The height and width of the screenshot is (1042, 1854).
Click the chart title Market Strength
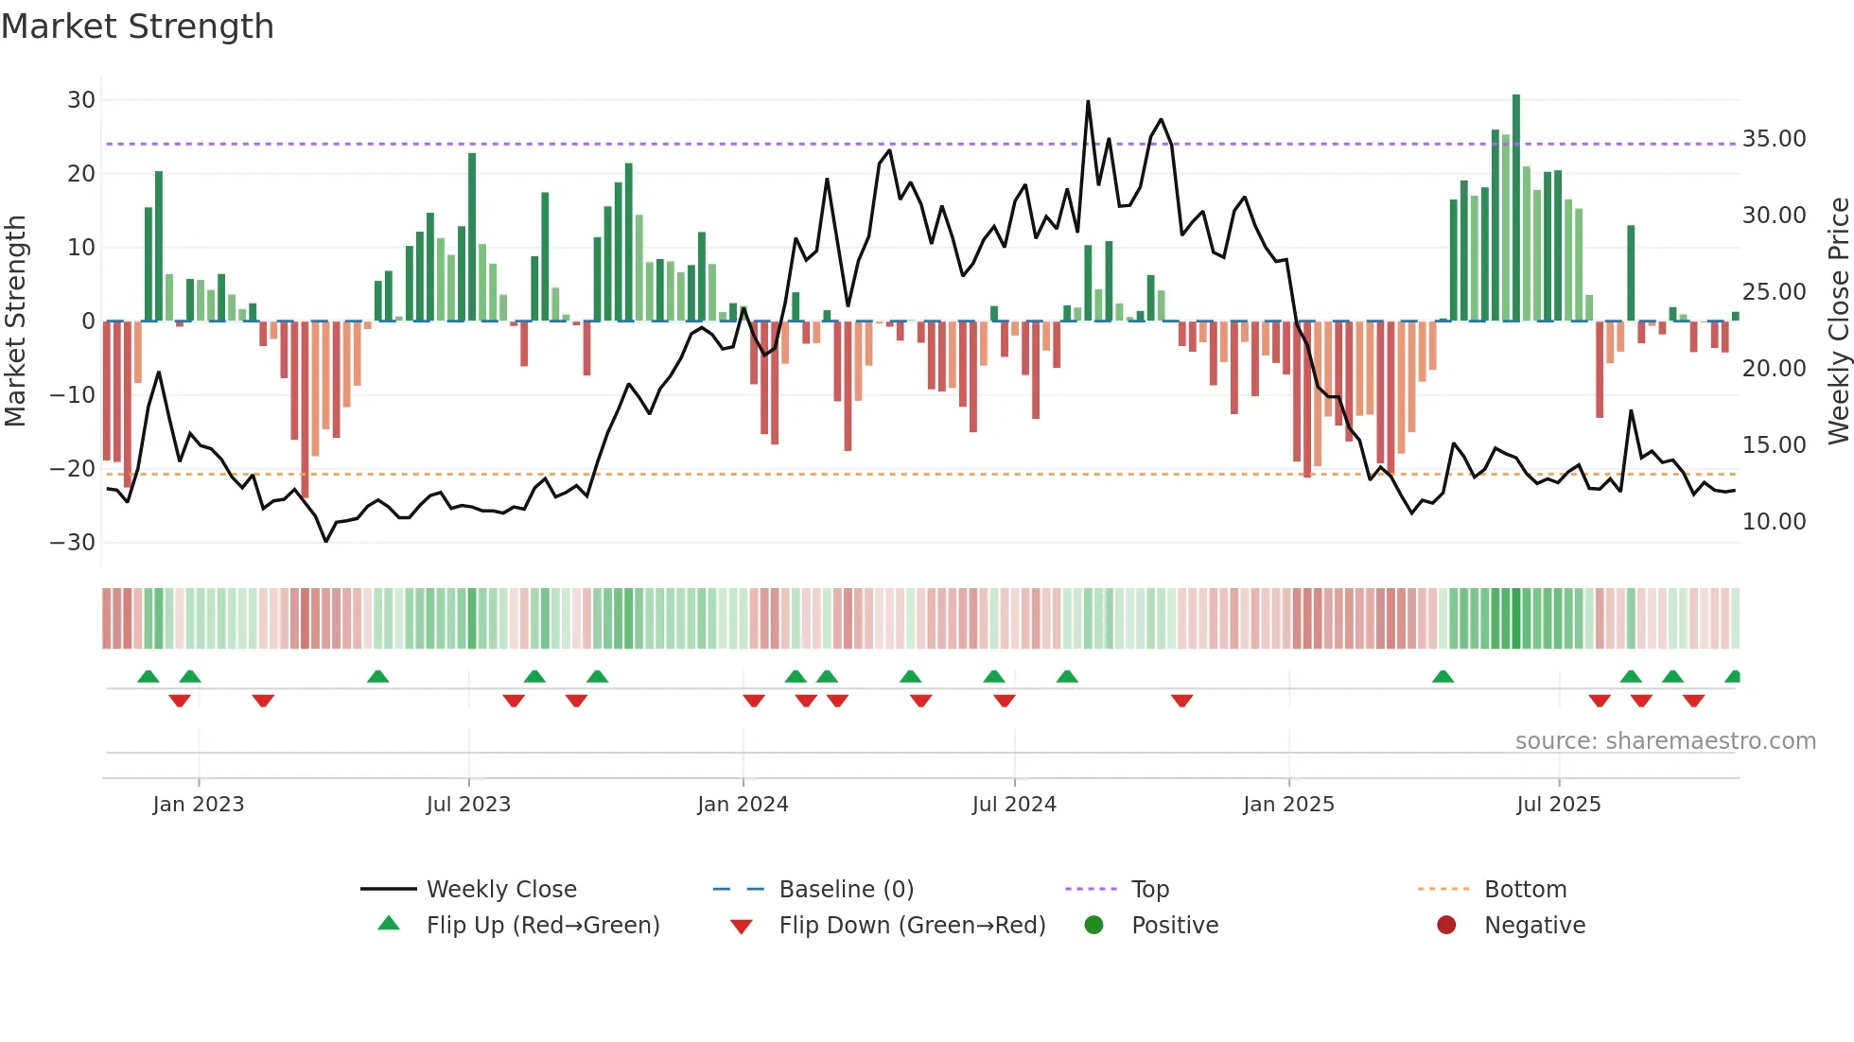[x=137, y=26]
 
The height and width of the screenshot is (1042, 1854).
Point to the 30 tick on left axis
[x=81, y=100]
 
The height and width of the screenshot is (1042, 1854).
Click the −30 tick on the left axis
[x=73, y=543]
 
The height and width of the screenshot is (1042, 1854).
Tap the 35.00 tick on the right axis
[x=1774, y=139]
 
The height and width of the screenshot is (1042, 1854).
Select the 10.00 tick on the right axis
[x=1774, y=522]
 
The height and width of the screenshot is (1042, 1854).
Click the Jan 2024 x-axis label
[x=743, y=805]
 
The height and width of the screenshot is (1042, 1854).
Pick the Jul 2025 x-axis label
[x=1558, y=805]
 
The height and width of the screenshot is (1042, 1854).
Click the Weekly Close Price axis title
[x=1838, y=321]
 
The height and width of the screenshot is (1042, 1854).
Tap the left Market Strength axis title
[x=15, y=321]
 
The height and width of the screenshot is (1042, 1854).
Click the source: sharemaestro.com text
[x=1665, y=741]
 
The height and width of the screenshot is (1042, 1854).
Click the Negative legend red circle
[x=1446, y=926]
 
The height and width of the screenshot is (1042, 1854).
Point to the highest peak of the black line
[x=1088, y=101]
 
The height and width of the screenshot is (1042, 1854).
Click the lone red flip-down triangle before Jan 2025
[x=1181, y=701]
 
